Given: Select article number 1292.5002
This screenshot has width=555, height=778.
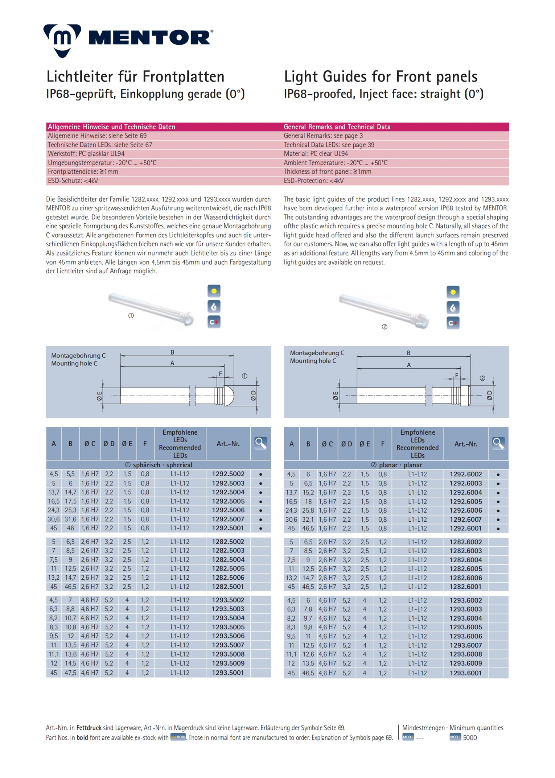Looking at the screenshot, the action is point(228,474).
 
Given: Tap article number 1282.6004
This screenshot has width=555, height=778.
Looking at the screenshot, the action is point(466,560).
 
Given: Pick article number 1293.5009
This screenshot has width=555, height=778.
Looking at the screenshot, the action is point(228,663).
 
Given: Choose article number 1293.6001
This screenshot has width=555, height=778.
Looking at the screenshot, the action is point(466,673).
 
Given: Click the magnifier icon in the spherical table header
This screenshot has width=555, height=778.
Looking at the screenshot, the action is point(261,443).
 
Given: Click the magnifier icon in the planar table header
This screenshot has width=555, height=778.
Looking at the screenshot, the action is point(498,443).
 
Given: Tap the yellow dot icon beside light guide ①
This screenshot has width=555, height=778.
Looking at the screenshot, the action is point(214,291).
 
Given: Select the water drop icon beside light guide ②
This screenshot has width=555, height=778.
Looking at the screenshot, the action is point(453,307).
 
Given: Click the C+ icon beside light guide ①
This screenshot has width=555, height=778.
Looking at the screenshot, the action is point(214,322).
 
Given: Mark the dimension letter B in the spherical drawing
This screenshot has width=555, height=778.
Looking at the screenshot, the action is point(173,352).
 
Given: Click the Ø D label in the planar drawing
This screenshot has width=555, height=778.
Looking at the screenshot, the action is point(490,395).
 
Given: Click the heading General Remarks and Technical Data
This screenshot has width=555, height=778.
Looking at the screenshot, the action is point(337,127).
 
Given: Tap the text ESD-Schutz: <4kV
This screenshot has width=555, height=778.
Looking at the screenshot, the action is point(73,181).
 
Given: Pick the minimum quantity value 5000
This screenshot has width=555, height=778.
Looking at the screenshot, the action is point(470,737).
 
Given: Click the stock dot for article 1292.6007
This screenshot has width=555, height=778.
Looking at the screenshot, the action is point(498,520).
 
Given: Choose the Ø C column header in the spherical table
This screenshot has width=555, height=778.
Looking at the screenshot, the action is point(90,444).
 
